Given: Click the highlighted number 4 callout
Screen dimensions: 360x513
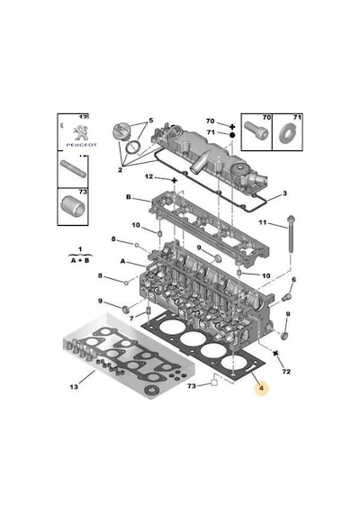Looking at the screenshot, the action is point(261,388).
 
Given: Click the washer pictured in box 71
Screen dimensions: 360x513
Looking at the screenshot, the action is point(288,133).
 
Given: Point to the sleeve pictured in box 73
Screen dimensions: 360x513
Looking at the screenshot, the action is point(73,206).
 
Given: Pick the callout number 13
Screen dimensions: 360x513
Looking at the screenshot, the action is point(74,387).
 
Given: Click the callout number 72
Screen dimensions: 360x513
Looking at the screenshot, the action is point(286,372).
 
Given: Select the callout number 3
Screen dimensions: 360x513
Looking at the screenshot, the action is point(284,193).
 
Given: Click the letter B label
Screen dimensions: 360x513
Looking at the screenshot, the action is point(129,197).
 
